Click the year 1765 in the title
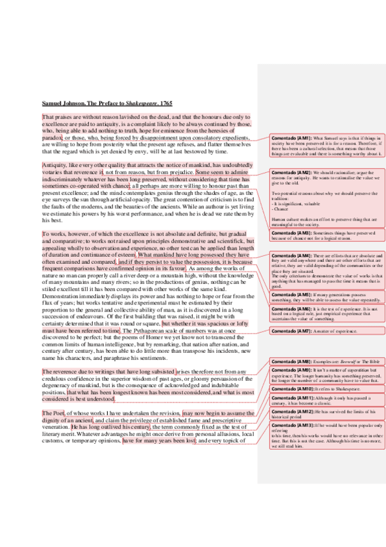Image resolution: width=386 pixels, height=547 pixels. coord(165,103)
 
